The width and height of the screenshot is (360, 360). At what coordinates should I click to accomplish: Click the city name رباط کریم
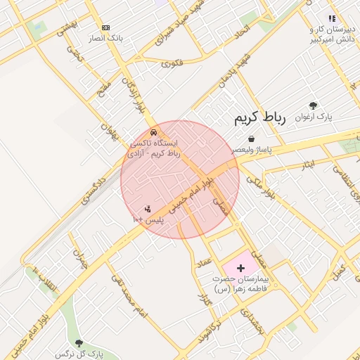point(260,118)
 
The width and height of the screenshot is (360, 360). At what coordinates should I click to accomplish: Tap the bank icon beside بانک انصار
point(105,27)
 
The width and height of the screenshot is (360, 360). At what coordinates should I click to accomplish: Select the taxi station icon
point(153,132)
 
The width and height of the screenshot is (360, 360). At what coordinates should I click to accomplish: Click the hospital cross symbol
point(241,268)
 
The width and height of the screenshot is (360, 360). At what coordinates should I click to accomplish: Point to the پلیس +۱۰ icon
point(148,209)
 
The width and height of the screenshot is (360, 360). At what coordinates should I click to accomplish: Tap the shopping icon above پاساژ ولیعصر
point(251,140)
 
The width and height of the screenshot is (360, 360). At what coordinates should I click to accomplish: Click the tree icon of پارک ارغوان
point(313,105)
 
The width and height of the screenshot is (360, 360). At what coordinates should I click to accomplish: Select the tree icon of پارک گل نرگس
point(78,342)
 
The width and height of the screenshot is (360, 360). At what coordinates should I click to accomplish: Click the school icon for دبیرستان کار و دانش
point(332,19)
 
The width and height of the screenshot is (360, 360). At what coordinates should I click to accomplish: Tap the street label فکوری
point(172,63)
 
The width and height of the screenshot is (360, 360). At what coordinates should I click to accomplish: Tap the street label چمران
point(82,258)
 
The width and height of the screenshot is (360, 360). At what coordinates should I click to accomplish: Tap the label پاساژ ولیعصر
point(251,150)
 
